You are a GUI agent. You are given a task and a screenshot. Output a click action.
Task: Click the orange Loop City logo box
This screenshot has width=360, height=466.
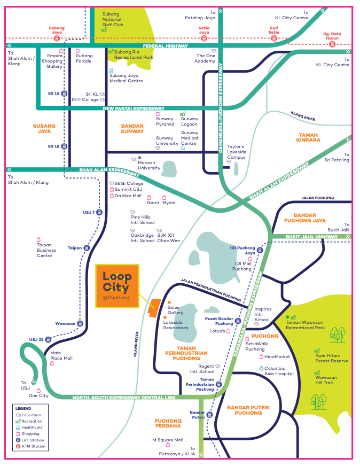pyautogui.click(x=117, y=286)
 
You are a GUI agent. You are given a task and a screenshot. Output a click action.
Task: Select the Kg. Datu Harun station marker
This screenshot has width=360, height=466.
pyautogui.click(x=332, y=45)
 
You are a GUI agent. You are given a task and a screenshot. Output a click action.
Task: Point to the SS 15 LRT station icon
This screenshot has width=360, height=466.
pyautogui.click(x=64, y=94)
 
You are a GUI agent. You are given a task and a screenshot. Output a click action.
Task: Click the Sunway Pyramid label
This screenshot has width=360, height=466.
pyautogui.click(x=165, y=121)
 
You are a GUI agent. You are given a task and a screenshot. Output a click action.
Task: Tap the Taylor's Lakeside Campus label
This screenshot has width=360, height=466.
pyautogui.click(x=236, y=152)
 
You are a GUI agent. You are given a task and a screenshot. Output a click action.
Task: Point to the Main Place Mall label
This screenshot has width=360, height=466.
pyautogui.click(x=61, y=355)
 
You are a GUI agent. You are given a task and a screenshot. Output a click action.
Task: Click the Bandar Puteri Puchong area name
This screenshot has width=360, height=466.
pyautogui.click(x=245, y=410)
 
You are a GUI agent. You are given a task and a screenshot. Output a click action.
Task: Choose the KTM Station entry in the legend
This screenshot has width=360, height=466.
pyautogui.click(x=33, y=446)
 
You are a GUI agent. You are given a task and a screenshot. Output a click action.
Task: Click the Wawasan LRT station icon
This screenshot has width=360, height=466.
pyautogui.click(x=80, y=323)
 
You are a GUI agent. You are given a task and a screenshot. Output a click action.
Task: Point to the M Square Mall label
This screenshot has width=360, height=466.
pyautogui.click(x=168, y=440)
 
